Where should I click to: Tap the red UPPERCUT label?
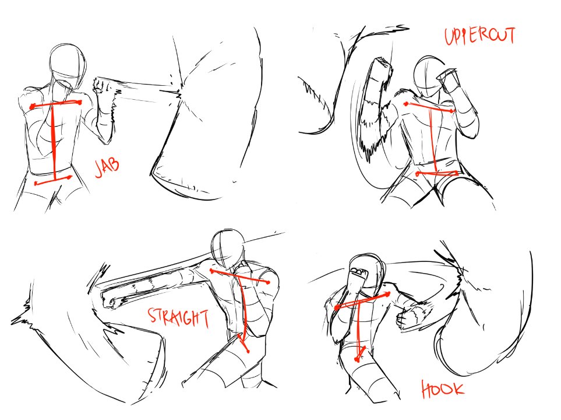pyautogui.click(x=480, y=36)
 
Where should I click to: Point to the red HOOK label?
pyautogui.click(x=442, y=390)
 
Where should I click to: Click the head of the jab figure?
pyautogui.click(x=67, y=66)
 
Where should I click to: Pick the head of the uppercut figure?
pyautogui.click(x=430, y=76)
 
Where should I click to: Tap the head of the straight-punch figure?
pyautogui.click(x=228, y=249)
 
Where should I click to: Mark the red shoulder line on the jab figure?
pyautogui.click(x=56, y=104)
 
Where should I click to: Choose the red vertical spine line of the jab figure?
pyautogui.click(x=54, y=142)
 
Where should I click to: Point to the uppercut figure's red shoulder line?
pyautogui.click(x=430, y=107)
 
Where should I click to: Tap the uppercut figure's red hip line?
pyautogui.click(x=437, y=174)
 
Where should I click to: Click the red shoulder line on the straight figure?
pyautogui.click(x=240, y=276)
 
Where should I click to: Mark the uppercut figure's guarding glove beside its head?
pyautogui.click(x=449, y=79)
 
